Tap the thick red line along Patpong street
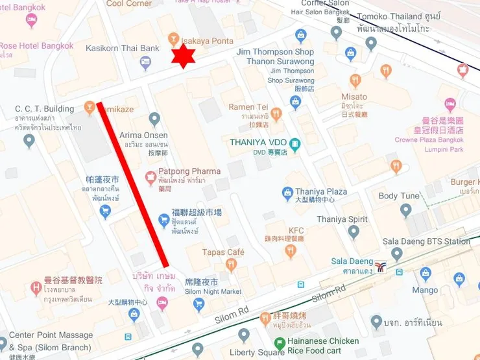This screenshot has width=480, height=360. point(134,184)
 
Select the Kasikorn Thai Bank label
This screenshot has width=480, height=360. point(123,49)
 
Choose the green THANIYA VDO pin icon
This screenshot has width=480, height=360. point(295,144)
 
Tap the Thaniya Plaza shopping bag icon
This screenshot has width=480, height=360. point(287,193)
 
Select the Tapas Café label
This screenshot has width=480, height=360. point(222,252)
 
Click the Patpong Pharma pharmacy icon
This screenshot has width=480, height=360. point(150,175)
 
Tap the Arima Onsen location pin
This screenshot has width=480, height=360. point(154,119)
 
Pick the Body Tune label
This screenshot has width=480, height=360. point(399,196)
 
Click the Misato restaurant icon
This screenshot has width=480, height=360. point(355,81)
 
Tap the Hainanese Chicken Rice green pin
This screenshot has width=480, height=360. point(280,344)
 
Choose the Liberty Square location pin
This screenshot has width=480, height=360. point(244,335)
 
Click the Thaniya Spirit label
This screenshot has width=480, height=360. point(342,219)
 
